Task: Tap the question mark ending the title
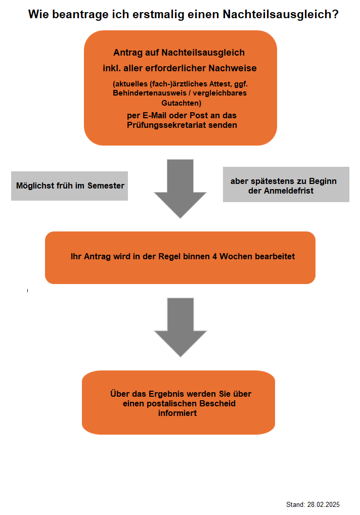click(335, 14)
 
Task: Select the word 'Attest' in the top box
click(220, 84)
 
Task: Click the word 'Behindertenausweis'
click(150, 93)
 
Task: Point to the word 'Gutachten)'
click(182, 103)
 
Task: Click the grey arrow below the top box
click(180, 189)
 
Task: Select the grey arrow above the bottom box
click(181, 327)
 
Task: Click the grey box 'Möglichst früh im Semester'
click(70, 186)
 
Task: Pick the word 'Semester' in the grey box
click(106, 185)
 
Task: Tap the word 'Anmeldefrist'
click(289, 191)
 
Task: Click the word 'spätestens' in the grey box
click(267, 181)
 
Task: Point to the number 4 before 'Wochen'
click(214, 257)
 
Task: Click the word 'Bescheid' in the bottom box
click(217, 403)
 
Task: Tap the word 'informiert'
click(177, 413)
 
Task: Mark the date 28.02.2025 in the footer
click(324, 504)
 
